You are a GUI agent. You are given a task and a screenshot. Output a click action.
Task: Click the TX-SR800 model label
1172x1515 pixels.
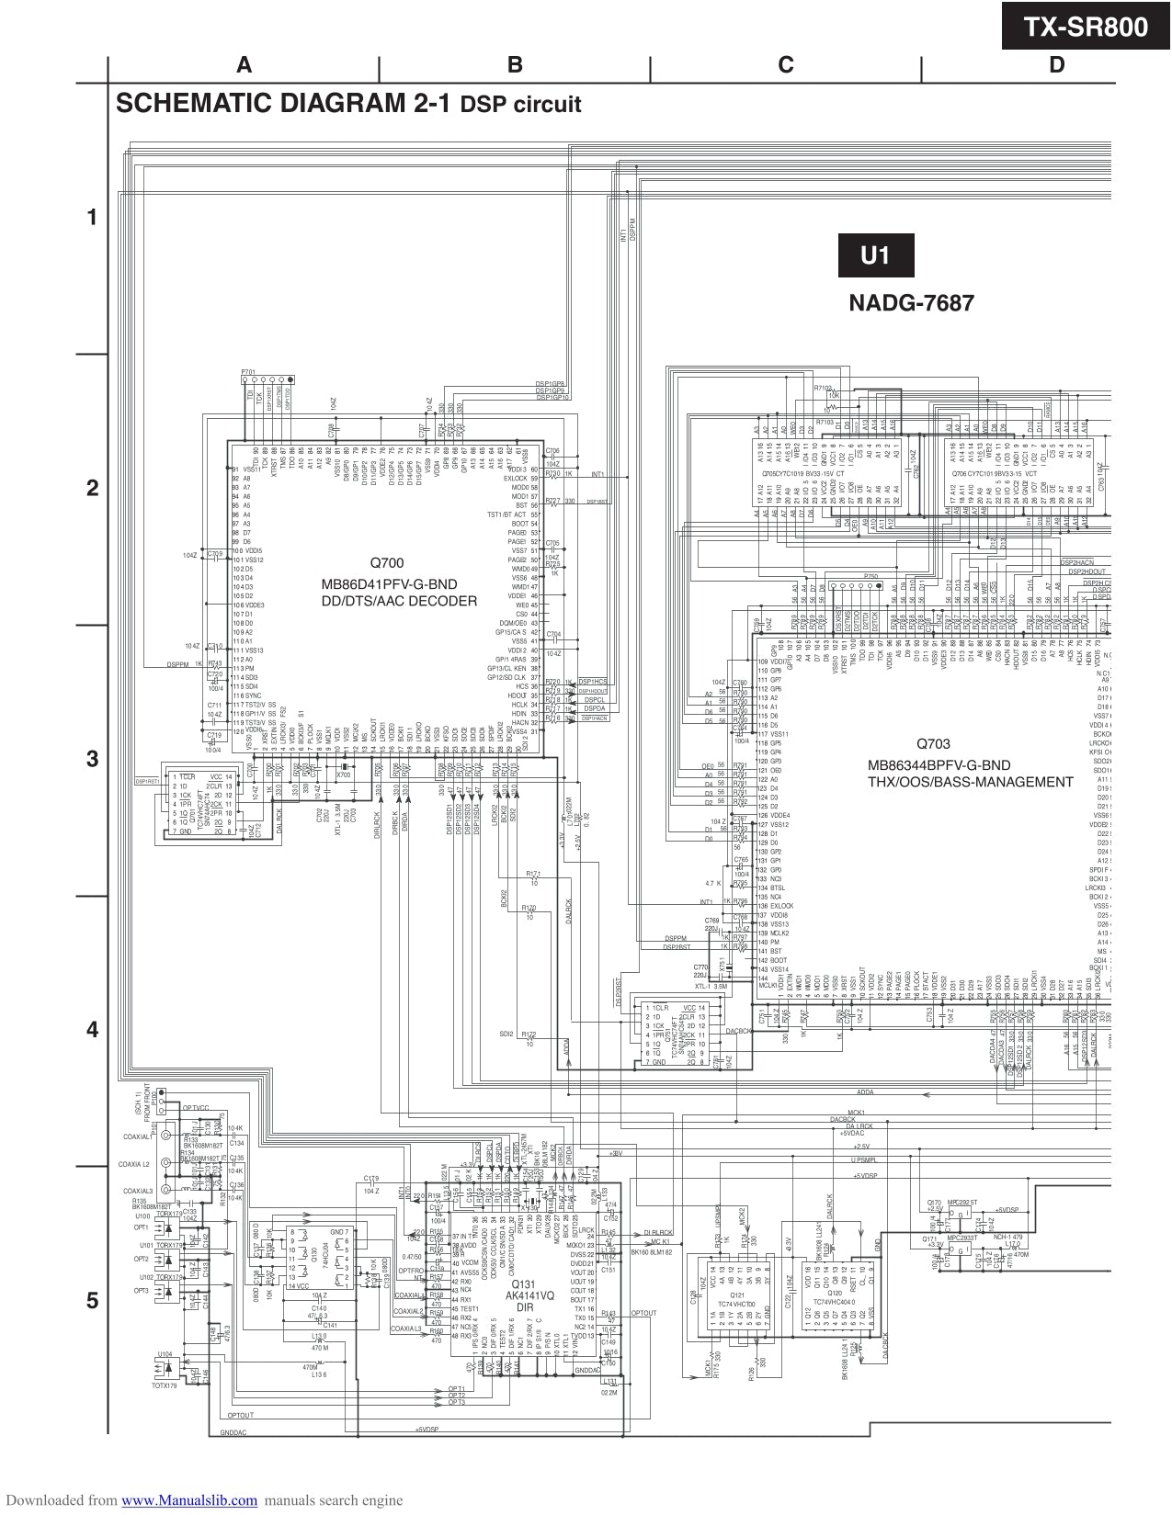(x=1087, y=28)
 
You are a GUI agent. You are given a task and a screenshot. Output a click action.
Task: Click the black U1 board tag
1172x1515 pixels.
(x=875, y=255)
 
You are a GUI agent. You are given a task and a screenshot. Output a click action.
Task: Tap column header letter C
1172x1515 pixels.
(x=785, y=64)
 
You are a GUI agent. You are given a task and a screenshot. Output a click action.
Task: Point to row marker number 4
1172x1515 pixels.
(x=92, y=1030)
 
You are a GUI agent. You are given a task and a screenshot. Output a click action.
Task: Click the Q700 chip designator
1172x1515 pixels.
(x=386, y=562)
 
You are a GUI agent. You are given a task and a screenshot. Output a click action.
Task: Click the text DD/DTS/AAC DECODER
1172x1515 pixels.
(x=399, y=602)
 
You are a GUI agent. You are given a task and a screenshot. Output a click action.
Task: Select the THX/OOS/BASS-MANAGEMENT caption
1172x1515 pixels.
(x=970, y=782)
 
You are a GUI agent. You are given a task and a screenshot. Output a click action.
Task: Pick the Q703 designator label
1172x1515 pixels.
(x=933, y=744)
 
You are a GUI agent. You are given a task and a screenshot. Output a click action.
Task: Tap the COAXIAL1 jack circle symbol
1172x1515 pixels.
(x=165, y=1136)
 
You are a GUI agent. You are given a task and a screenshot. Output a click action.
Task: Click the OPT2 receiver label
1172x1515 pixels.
(x=141, y=1259)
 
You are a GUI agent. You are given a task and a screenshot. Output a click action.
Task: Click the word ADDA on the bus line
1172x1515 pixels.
(x=865, y=1092)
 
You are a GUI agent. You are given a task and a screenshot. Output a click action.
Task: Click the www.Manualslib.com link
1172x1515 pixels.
(x=189, y=1500)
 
